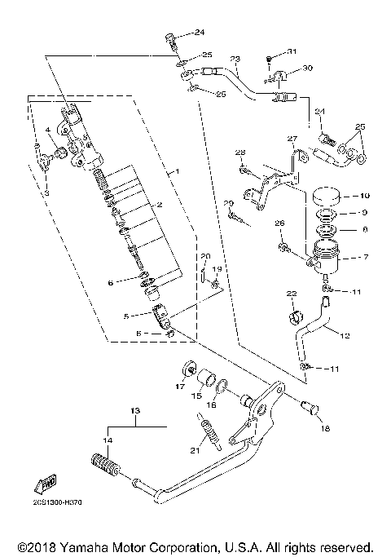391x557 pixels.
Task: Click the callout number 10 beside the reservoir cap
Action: pyautogui.click(x=364, y=196)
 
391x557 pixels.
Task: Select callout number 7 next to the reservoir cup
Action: pyautogui.click(x=364, y=257)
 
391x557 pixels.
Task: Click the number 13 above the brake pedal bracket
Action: pyautogui.click(x=135, y=410)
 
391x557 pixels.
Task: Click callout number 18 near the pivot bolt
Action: pyautogui.click(x=326, y=427)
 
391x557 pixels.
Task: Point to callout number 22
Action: pyautogui.click(x=291, y=294)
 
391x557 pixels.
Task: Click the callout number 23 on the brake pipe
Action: pyautogui.click(x=235, y=59)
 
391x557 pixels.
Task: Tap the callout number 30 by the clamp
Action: pyautogui.click(x=307, y=68)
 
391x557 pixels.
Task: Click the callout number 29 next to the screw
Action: pyautogui.click(x=229, y=203)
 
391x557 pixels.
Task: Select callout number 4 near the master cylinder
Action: pyautogui.click(x=49, y=130)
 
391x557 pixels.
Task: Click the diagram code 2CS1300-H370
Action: pyautogui.click(x=53, y=515)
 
